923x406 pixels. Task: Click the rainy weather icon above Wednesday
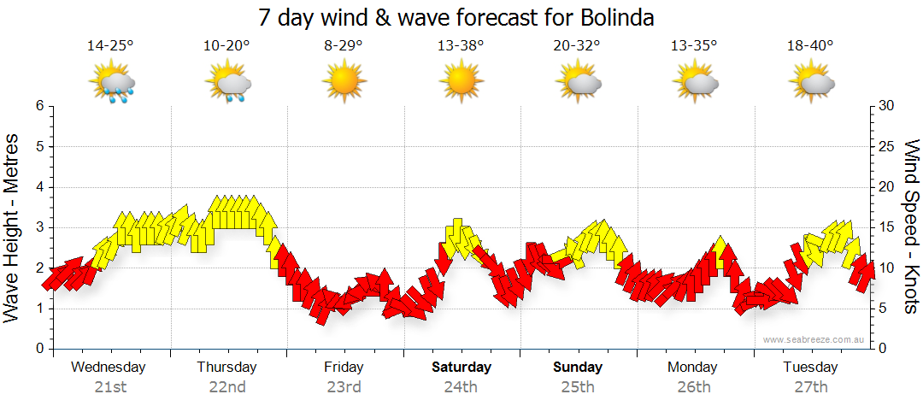coord(113,83)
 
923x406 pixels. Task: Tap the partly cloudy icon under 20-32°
coord(578,82)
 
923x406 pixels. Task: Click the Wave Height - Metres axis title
coord(14,227)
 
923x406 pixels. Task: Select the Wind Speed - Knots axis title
coord(909,227)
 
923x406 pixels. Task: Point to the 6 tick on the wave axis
coord(38,106)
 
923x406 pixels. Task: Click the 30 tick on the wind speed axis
coord(888,106)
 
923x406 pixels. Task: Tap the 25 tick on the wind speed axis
coord(888,146)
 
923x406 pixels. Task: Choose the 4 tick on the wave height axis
coord(38,187)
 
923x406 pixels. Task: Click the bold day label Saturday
coord(461,368)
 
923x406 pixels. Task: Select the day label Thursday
coord(226,368)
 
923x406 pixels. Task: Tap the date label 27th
coord(810,386)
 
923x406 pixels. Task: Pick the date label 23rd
coord(344,386)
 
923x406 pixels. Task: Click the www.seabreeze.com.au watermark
coord(815,339)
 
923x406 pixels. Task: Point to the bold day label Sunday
coord(578,368)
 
